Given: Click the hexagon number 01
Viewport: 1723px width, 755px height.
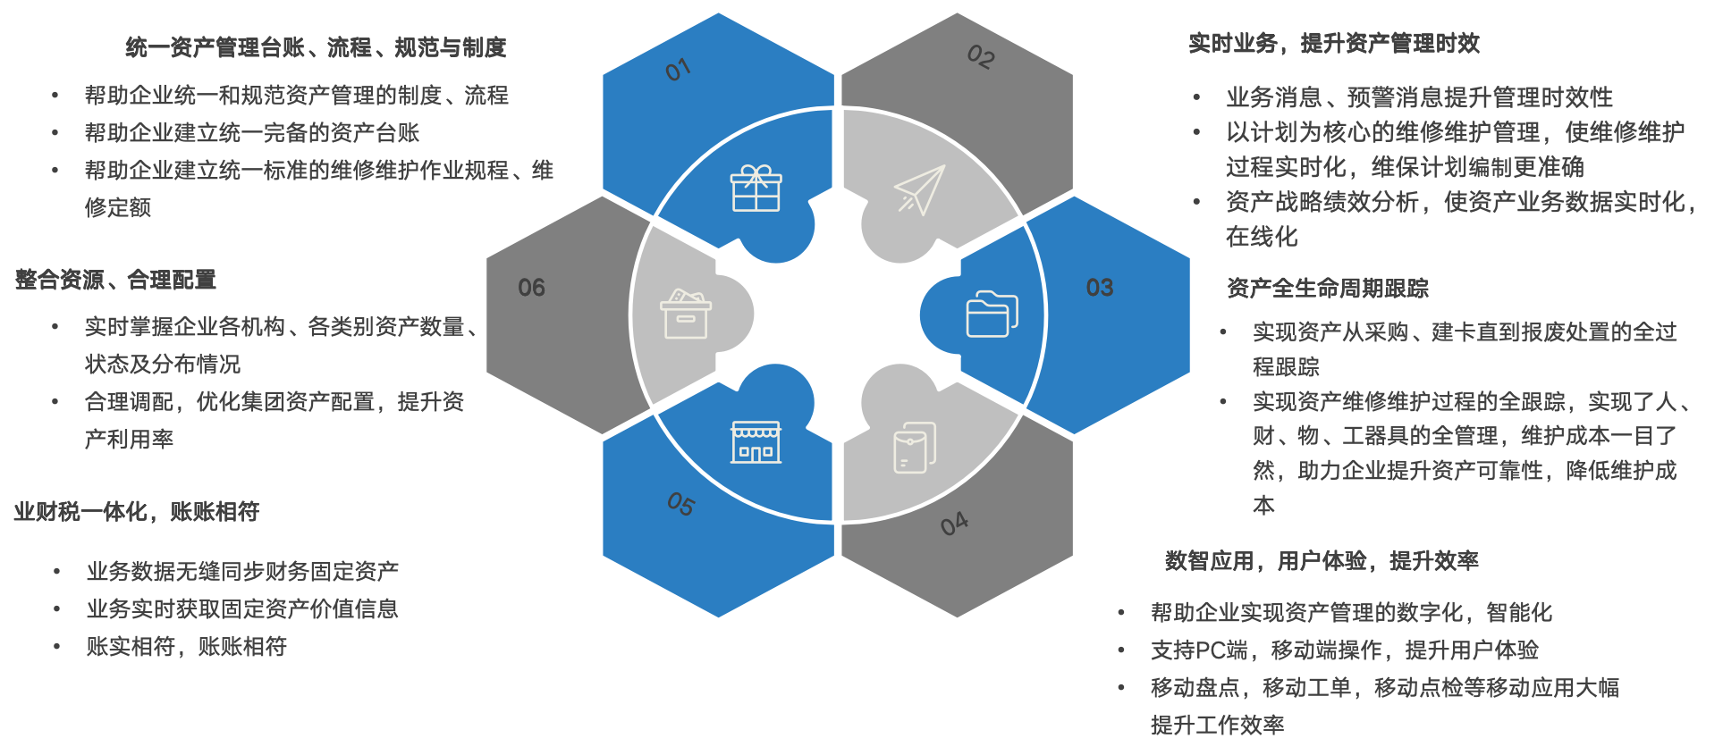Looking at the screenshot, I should click(x=679, y=70).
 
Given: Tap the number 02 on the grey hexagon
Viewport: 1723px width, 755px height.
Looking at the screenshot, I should click(x=981, y=57).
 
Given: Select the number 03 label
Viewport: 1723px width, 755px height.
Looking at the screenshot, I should click(x=1099, y=288).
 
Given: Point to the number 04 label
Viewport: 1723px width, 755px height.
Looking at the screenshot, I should click(x=954, y=524).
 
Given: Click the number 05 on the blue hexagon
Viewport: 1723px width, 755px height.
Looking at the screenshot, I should click(x=680, y=505).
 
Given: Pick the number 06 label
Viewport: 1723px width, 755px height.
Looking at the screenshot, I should click(x=531, y=288).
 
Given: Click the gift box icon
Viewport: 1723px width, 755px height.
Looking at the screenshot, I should click(x=756, y=189).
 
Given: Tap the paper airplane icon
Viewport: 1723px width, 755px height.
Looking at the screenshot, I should click(x=919, y=189).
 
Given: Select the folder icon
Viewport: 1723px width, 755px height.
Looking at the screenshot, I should click(x=992, y=315).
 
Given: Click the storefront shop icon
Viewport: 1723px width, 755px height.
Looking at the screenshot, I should click(x=756, y=442).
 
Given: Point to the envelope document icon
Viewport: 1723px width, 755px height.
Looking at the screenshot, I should click(x=915, y=448).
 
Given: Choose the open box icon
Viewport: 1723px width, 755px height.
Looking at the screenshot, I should click(x=686, y=315).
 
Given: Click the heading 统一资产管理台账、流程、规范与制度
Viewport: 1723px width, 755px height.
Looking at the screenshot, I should click(x=316, y=47).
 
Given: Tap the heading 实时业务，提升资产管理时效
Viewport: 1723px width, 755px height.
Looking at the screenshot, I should click(x=1333, y=43).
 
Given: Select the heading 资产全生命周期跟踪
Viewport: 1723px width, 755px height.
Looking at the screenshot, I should click(x=1327, y=288).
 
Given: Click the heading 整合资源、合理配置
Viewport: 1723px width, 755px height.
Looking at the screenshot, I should click(x=115, y=280).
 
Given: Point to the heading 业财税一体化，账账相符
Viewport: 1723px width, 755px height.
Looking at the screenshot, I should click(x=136, y=511).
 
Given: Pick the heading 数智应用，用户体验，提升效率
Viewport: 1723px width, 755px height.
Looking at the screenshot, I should click(x=1321, y=560).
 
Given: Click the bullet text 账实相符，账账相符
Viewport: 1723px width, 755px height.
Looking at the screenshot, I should click(x=186, y=646).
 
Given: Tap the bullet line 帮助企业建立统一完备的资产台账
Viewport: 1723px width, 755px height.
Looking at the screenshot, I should click(x=251, y=133).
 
